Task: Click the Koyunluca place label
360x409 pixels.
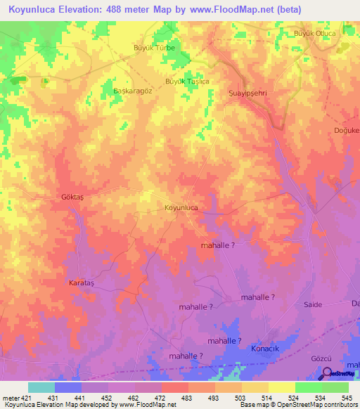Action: (181, 208)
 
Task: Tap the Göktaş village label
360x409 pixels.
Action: (72, 199)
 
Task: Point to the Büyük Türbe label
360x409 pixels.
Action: (154, 48)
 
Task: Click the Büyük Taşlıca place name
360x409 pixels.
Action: (187, 82)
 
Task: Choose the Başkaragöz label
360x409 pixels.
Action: (132, 91)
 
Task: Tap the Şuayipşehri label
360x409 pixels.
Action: (248, 92)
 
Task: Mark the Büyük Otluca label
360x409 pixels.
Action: (314, 34)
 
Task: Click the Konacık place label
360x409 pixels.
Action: (266, 349)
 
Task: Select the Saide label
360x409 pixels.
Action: (313, 304)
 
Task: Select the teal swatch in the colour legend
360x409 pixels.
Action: (41, 387)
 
